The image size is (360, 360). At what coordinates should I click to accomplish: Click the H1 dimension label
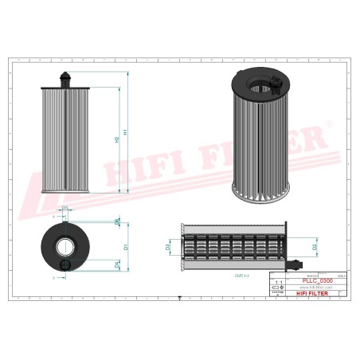[126, 131]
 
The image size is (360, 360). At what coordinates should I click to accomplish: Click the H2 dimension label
[118, 139]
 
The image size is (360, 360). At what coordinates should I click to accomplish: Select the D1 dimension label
[126, 248]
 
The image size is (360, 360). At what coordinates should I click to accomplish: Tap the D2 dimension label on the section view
[315, 247]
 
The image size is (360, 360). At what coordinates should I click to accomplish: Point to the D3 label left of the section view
[167, 247]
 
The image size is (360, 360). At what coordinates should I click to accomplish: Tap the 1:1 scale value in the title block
[278, 281]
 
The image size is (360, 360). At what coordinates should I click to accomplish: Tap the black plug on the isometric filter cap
[276, 83]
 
